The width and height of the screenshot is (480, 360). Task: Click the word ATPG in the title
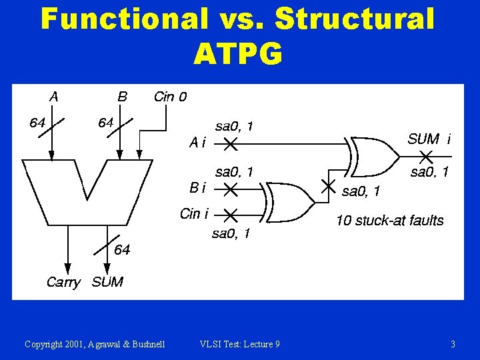click(x=238, y=54)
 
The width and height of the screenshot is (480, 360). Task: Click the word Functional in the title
click(x=124, y=19)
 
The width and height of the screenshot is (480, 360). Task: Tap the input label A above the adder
click(x=53, y=97)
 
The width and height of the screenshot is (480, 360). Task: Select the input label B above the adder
click(x=122, y=97)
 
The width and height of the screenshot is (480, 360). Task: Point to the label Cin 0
click(x=170, y=97)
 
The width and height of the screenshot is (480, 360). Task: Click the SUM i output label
click(x=429, y=139)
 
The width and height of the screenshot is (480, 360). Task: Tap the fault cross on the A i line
click(x=229, y=143)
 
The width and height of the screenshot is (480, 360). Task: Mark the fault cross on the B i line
click(x=229, y=190)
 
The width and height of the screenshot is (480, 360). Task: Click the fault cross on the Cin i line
click(x=229, y=215)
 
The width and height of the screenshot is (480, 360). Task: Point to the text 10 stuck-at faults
click(x=389, y=221)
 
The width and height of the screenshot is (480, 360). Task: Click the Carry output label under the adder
click(x=63, y=282)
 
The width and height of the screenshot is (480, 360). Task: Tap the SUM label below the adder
click(x=107, y=282)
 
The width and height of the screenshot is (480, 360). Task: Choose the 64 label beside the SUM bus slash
click(x=122, y=250)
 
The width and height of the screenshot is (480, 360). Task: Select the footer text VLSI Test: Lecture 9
click(x=239, y=344)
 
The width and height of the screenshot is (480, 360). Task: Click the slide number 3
click(x=453, y=344)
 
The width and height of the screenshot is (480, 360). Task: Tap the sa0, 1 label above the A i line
click(x=233, y=126)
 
